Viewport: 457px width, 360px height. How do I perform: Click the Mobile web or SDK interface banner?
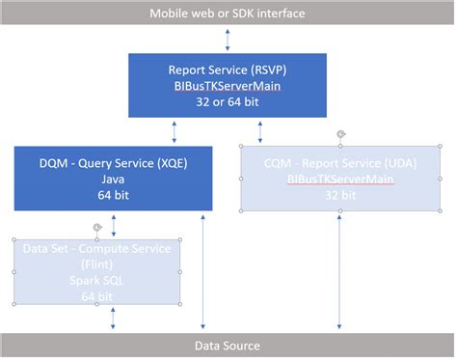point(228,14)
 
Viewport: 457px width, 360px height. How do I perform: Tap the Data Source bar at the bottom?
point(228,346)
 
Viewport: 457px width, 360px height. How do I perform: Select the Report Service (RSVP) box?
point(228,85)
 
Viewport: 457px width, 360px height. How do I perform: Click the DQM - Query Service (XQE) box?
point(113,179)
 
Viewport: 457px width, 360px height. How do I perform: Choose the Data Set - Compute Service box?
point(96,271)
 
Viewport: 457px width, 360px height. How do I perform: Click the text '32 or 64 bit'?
point(228,99)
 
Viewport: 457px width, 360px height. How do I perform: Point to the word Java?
point(113,179)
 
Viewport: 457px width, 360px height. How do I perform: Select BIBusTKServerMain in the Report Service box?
point(228,85)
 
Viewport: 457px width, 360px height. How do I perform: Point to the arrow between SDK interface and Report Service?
point(228,40)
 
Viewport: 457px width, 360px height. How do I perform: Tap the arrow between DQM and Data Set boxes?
point(114,226)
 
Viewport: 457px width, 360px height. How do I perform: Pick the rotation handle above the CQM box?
point(339,134)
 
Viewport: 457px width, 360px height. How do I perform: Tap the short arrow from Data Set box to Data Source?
point(114,318)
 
